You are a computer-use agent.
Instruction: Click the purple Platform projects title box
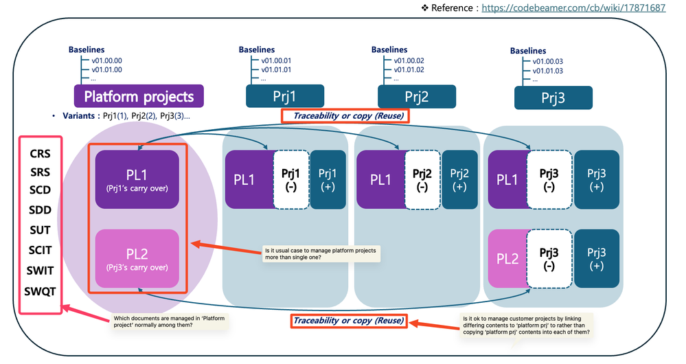tap(139, 96)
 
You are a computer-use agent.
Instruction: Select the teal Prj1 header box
tap(286, 96)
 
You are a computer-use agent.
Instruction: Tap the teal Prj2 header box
tap(416, 97)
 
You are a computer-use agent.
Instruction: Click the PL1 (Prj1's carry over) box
tap(137, 179)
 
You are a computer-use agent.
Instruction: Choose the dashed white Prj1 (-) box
tap(291, 179)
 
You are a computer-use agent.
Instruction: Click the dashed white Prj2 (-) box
tap(422, 179)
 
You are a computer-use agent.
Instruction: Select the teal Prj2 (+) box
tap(460, 179)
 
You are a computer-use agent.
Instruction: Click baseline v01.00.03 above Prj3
tap(548, 61)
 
